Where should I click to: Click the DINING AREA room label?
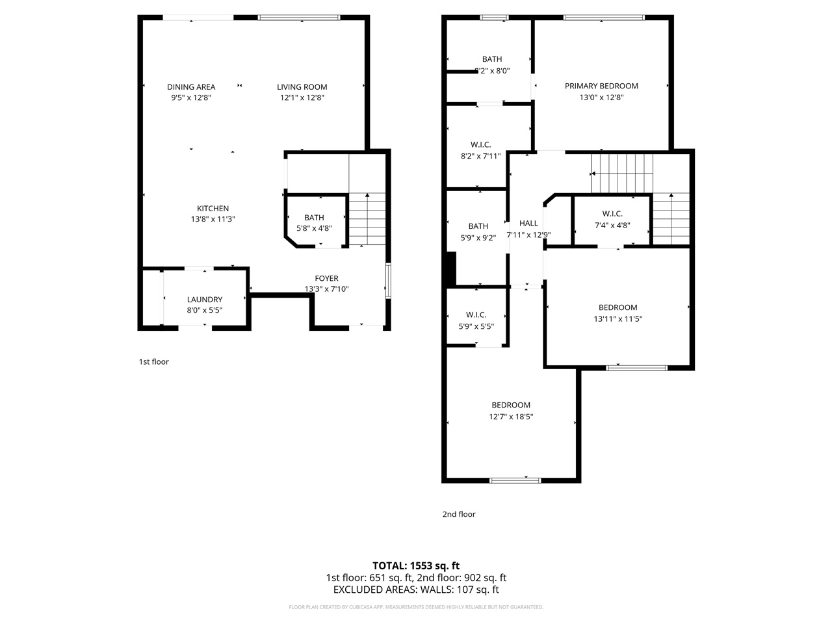(x=191, y=86)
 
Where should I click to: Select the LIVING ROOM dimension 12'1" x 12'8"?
(x=302, y=97)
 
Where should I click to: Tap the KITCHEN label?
(x=213, y=208)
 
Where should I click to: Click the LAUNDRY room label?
(x=205, y=300)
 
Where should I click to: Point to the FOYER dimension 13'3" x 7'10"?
(x=327, y=289)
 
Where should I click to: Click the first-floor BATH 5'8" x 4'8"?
(x=314, y=223)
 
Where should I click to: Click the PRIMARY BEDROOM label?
(x=601, y=86)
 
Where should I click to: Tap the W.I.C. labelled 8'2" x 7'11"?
(x=480, y=150)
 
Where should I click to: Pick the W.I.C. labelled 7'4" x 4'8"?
(x=612, y=220)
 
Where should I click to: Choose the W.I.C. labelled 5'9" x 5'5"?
(x=476, y=320)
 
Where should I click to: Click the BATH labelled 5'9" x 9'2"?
(x=478, y=232)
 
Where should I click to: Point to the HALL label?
(x=528, y=223)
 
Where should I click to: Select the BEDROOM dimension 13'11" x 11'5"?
(x=618, y=319)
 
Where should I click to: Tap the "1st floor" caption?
(x=153, y=362)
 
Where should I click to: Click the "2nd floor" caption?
(x=459, y=514)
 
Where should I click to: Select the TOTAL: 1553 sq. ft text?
(x=416, y=565)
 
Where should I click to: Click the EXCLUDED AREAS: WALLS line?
(x=416, y=590)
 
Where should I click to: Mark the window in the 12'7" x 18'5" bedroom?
(x=515, y=480)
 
